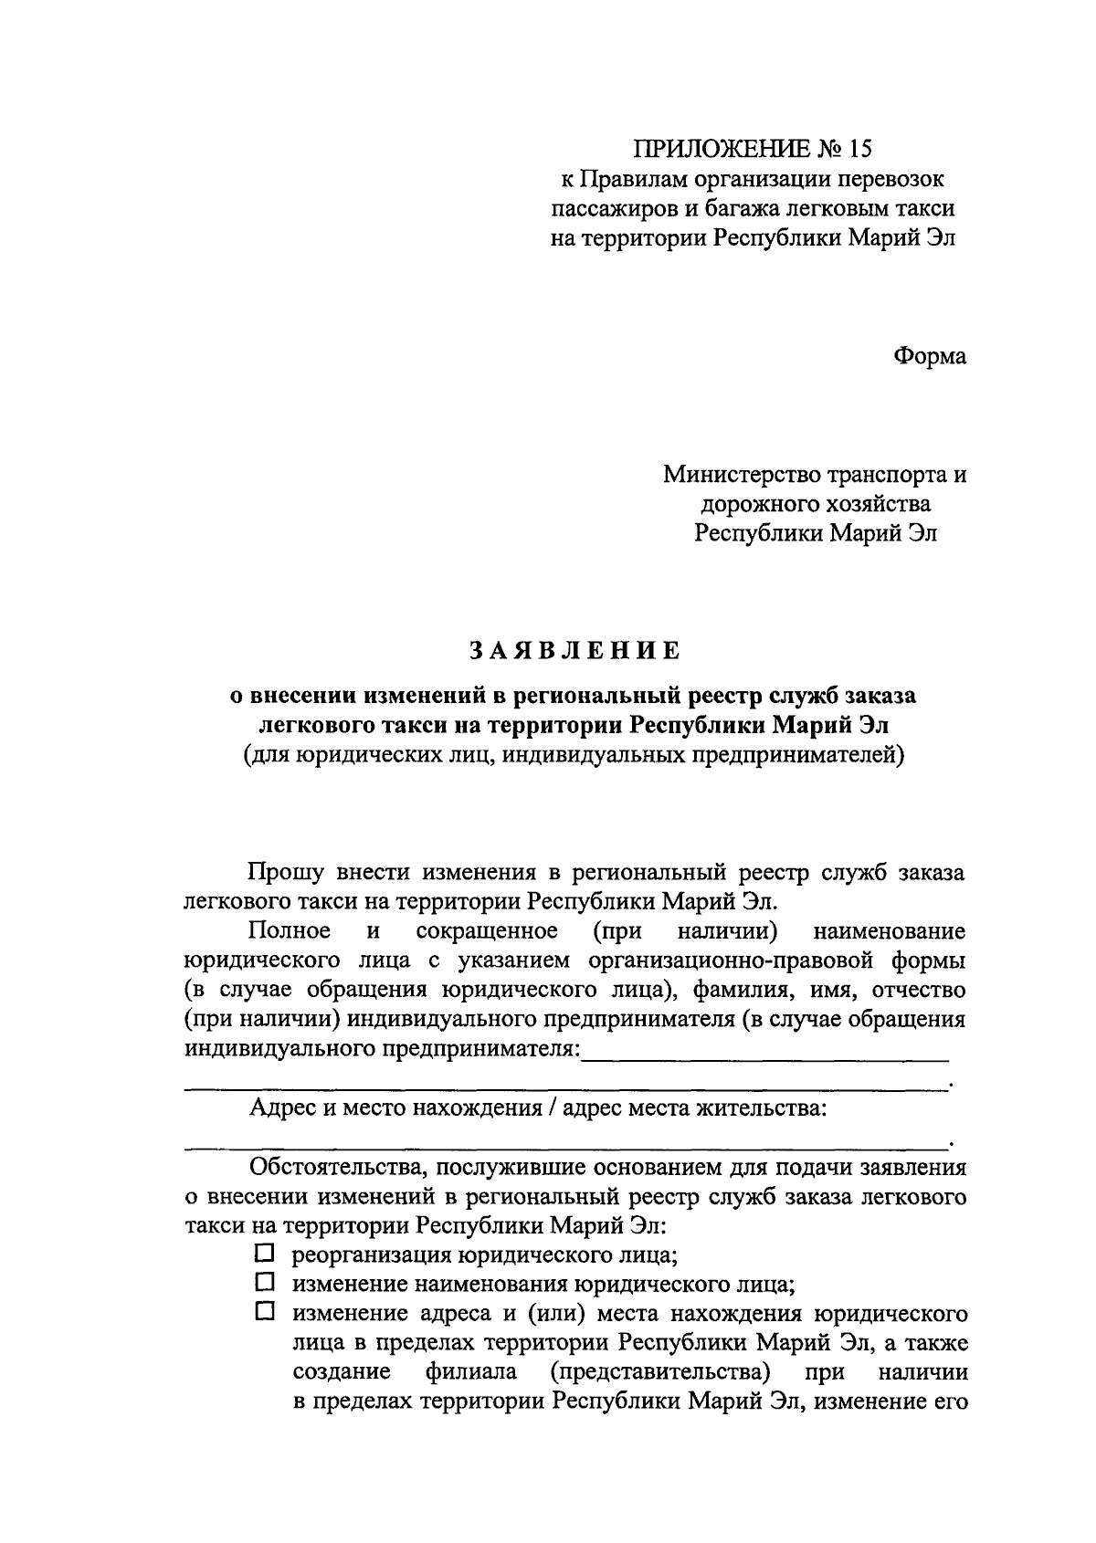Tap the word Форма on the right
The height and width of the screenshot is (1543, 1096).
[929, 356]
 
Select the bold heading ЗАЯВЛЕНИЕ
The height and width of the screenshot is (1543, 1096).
[574, 651]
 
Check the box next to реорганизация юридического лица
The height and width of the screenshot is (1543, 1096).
[265, 1254]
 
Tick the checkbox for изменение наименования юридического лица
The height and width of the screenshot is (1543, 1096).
[265, 1283]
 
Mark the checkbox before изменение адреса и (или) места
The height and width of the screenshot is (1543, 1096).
[265, 1313]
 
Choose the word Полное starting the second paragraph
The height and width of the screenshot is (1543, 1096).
[290, 931]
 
